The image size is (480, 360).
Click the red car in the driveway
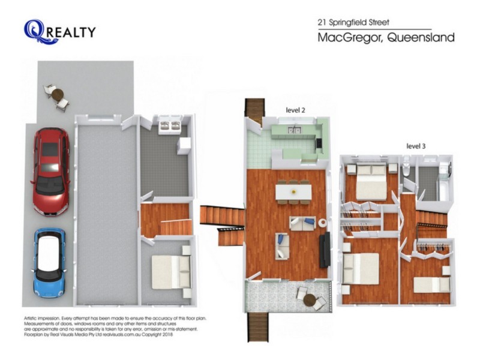coord(50,172)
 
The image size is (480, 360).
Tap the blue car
coord(49,263)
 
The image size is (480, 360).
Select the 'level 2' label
coord(295,110)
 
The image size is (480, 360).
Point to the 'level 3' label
coord(416,146)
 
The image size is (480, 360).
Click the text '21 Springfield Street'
coord(353,22)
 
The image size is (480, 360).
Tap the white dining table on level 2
coord(293,191)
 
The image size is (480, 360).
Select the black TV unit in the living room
coord(325,249)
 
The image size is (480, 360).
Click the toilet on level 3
coord(406,167)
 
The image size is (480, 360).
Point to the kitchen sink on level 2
coord(294,130)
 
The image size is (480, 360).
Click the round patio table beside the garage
coord(58,95)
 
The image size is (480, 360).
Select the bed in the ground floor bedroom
coord(171,272)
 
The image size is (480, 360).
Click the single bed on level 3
coord(431,284)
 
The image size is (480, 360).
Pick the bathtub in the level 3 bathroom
coord(444,181)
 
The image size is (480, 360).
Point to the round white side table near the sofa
coord(322,223)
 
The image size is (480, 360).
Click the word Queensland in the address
coord(421,38)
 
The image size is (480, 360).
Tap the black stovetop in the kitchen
coord(319,143)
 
